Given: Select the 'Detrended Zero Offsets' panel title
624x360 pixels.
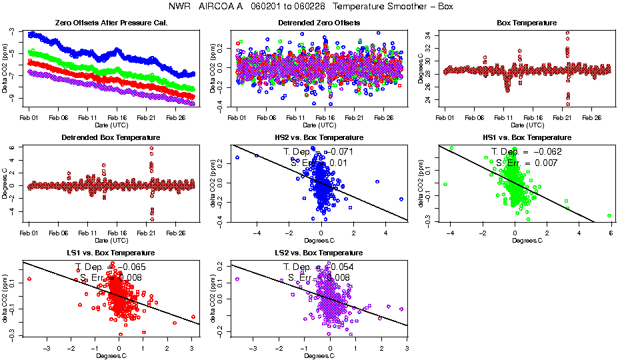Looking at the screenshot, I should pos(319,23).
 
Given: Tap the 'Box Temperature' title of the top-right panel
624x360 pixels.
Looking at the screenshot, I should pos(527,23).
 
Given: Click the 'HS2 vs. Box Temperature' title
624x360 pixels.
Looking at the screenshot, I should pos(319,138).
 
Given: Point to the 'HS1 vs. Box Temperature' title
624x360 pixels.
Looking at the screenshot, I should pos(527,138).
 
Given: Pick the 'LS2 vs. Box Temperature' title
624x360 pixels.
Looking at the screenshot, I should pos(319,253).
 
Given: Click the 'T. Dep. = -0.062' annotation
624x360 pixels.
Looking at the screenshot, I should pos(527,152).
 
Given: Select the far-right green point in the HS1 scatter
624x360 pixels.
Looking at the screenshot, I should pos(609,215).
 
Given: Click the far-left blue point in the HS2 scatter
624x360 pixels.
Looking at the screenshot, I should pos(237,157).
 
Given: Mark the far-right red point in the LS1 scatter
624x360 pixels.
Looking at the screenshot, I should pos(193,317).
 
